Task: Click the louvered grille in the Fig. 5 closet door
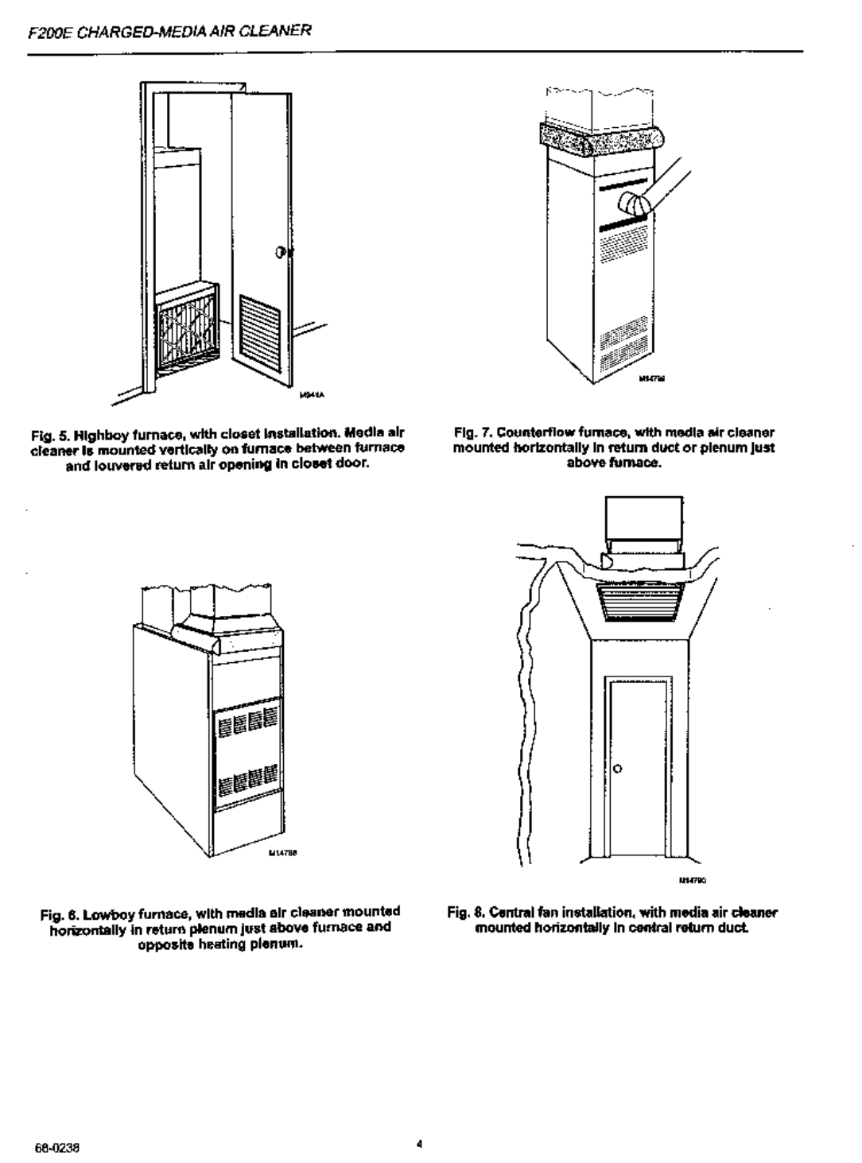point(261,333)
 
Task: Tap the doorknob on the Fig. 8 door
point(616,769)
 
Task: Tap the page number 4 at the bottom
point(418,1146)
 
